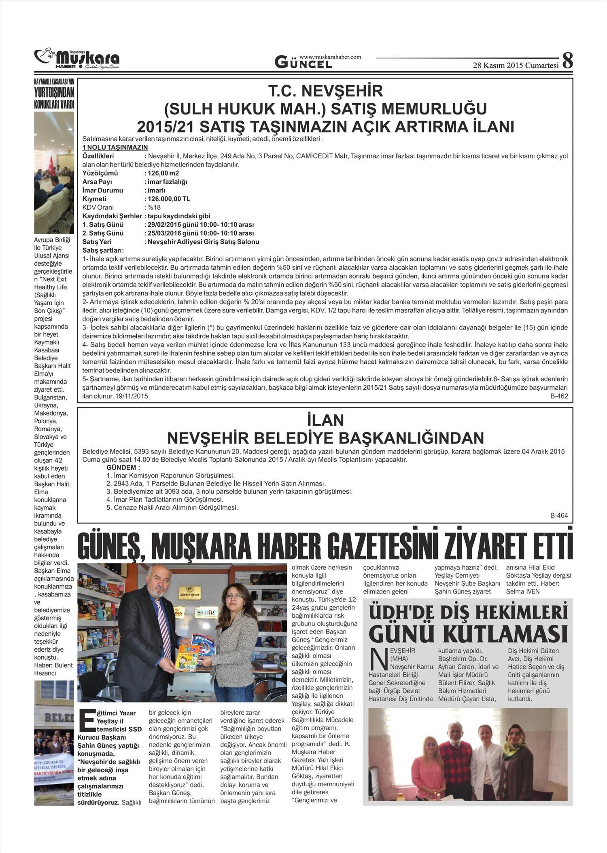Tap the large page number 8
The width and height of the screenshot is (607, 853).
pyautogui.click(x=567, y=61)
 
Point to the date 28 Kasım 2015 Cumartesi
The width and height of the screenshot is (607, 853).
pyautogui.click(x=516, y=65)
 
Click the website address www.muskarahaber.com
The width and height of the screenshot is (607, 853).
pyautogui.click(x=330, y=57)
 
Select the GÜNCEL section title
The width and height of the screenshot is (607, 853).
pyautogui.click(x=303, y=63)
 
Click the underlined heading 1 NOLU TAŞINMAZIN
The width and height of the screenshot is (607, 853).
pyautogui.click(x=115, y=147)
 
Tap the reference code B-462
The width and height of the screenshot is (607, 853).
pyautogui.click(x=559, y=396)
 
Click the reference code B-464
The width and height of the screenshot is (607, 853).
pyautogui.click(x=559, y=515)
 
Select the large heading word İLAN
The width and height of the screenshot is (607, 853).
pyautogui.click(x=325, y=420)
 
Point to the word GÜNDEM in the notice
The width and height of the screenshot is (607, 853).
pyautogui.click(x=120, y=467)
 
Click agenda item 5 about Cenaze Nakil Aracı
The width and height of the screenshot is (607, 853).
pyautogui.click(x=172, y=507)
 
